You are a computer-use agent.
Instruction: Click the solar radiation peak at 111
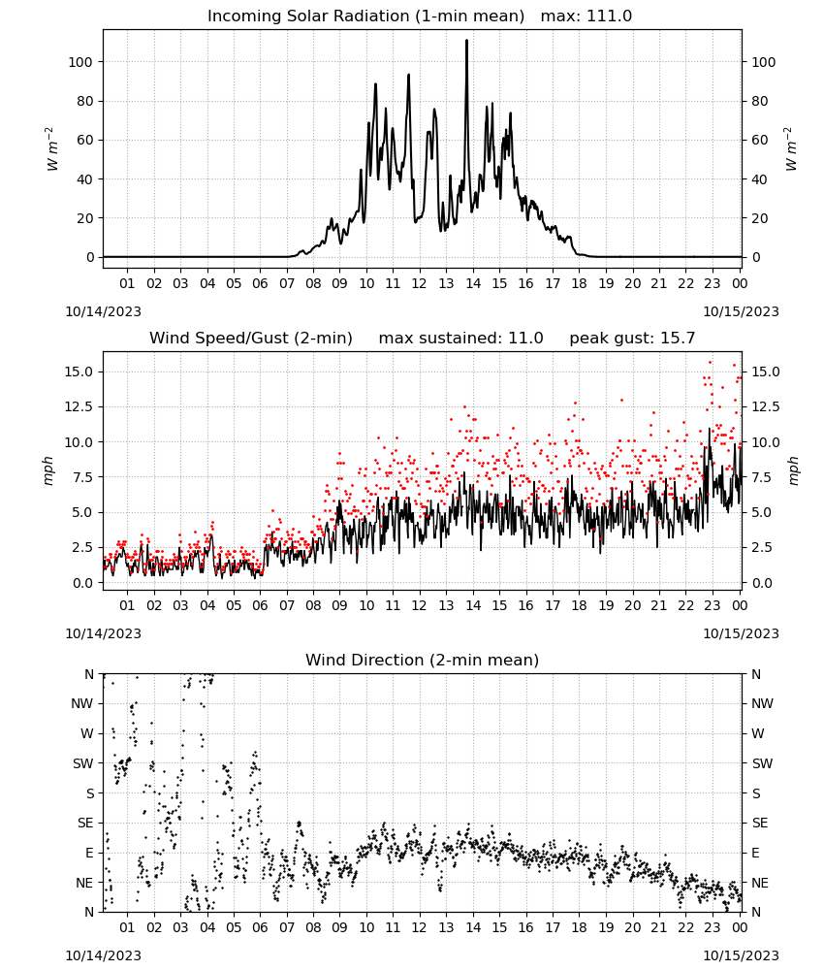[466, 41]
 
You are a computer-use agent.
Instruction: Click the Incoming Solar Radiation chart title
[365, 16]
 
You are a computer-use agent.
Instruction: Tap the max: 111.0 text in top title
[586, 16]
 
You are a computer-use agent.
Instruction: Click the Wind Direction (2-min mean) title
[423, 660]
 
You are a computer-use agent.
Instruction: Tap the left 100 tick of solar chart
[80, 62]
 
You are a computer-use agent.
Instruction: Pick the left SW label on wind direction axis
[83, 763]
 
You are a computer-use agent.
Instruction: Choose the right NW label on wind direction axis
[762, 703]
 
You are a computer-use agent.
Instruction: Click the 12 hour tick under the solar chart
[420, 283]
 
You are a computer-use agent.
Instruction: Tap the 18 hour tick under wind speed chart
[579, 605]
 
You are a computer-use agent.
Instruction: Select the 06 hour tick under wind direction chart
[260, 927]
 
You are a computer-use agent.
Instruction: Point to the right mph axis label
[793, 470]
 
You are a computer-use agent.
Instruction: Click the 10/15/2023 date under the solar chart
[742, 311]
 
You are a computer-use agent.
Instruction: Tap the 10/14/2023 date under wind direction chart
[103, 955]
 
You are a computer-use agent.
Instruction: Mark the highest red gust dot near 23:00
[711, 363]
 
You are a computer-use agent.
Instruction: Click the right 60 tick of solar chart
[760, 140]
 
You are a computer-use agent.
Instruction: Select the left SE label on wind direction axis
[84, 823]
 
